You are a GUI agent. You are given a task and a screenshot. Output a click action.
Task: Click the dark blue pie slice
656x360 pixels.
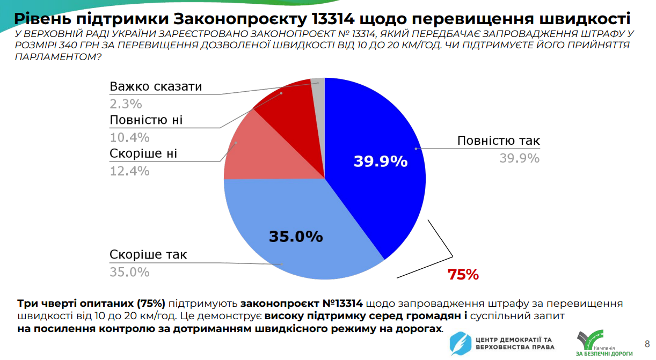pos(376,161)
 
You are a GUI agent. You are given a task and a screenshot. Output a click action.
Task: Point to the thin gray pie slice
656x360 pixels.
pos(319,91)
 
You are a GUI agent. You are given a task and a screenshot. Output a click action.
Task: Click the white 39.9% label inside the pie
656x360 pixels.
pos(381,161)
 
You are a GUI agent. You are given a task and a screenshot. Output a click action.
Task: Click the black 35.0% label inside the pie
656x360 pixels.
pos(295,236)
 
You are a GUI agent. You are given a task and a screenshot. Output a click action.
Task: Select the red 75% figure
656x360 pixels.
pos(463,275)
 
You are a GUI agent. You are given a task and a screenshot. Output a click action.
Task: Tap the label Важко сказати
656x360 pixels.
pos(156,86)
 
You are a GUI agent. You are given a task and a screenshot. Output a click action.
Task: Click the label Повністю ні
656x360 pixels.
pos(146,120)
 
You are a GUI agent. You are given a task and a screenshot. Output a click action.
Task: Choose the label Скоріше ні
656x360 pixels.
pos(143,154)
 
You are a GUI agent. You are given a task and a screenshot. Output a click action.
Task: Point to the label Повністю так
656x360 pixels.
pos(498,141)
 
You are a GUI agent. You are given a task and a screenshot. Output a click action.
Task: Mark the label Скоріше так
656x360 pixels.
pos(148,254)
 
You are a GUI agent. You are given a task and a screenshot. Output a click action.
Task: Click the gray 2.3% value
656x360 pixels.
pos(126,104)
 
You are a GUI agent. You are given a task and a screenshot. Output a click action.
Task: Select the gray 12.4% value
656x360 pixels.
pos(129,171)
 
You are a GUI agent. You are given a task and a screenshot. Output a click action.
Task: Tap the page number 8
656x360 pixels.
pos(647,343)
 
